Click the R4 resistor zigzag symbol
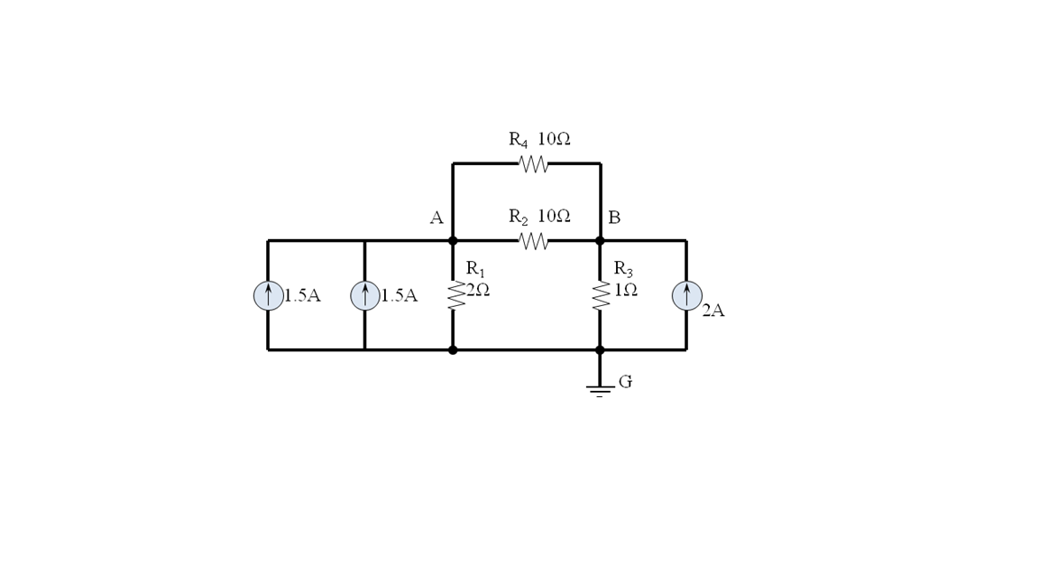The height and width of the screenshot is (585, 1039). click(x=533, y=164)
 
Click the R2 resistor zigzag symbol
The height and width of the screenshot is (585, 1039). click(x=533, y=241)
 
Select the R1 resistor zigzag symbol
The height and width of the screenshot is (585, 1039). click(x=456, y=295)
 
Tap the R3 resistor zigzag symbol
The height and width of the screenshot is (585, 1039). click(x=601, y=295)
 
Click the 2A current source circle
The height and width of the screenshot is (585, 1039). click(x=686, y=295)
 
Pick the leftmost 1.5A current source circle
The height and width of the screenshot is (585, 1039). click(x=268, y=295)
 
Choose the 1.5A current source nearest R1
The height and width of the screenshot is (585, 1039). click(x=364, y=295)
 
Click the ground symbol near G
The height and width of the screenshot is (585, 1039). click(x=600, y=390)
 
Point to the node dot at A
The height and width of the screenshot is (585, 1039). click(x=453, y=241)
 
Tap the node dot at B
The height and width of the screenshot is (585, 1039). click(x=600, y=241)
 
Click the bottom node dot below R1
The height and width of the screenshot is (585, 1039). click(x=453, y=349)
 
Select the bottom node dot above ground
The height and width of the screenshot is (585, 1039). click(x=600, y=349)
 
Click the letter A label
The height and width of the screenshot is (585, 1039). click(x=437, y=218)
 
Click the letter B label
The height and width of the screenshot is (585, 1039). click(x=614, y=218)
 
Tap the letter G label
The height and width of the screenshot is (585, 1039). click(x=625, y=382)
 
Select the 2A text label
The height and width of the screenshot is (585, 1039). click(x=713, y=311)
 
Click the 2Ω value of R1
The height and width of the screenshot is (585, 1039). click(x=478, y=290)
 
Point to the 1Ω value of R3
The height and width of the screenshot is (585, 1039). click(x=626, y=290)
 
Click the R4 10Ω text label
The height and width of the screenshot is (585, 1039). click(x=539, y=139)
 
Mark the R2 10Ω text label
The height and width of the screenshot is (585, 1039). click(x=539, y=217)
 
